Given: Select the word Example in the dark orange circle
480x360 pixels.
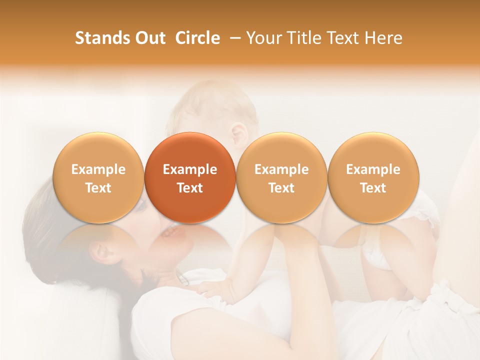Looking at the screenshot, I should (190, 169).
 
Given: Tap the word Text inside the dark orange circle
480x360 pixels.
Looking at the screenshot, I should (190, 188).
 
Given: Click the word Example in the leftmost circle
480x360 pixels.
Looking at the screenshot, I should (98, 169).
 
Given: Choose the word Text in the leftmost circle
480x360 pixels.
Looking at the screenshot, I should (98, 188).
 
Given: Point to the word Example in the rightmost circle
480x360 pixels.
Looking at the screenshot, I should (373, 169).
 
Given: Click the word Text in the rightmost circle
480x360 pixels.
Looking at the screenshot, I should (373, 188).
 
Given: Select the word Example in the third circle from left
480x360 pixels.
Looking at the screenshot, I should (281, 169).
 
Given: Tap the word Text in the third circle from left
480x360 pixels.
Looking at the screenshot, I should (281, 188).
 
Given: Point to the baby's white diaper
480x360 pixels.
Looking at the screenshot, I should (380, 252).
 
